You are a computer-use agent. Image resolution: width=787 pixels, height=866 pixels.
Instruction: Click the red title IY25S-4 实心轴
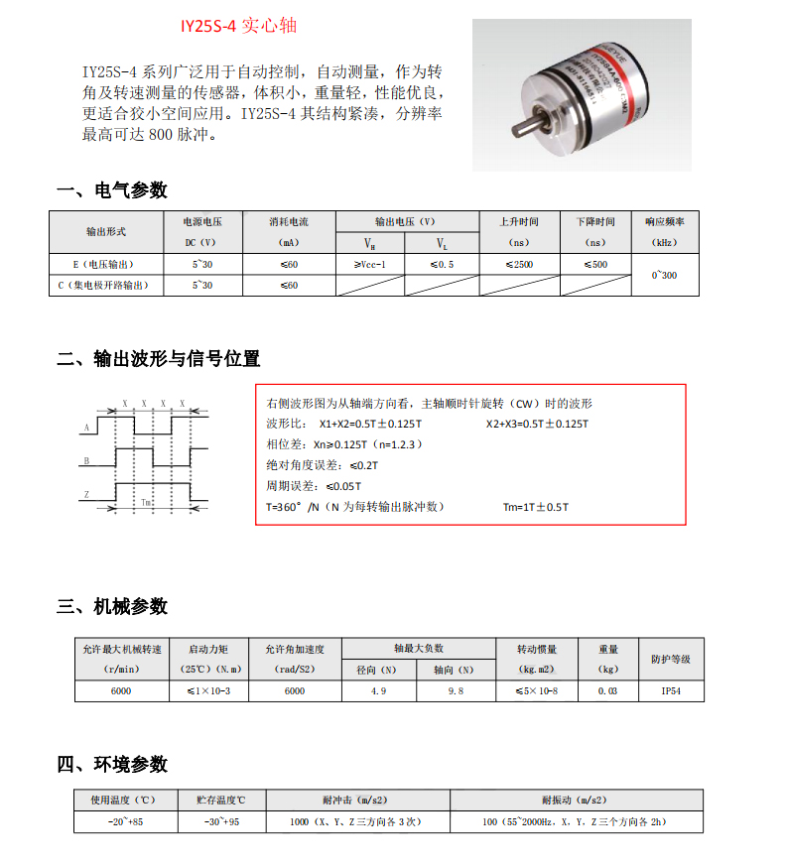(239, 26)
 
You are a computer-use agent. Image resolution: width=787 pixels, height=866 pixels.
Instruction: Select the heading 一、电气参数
(112, 190)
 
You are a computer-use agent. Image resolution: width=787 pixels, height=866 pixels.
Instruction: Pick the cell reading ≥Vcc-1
(369, 265)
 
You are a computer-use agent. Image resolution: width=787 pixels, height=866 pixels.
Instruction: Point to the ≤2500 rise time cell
(519, 265)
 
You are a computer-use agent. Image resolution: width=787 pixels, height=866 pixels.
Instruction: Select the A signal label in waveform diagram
(86, 428)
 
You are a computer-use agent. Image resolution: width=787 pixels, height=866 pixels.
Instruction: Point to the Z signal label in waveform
(86, 494)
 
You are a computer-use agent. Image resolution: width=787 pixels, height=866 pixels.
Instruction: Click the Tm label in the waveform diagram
(146, 503)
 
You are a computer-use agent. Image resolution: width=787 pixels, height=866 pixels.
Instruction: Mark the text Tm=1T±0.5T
(536, 507)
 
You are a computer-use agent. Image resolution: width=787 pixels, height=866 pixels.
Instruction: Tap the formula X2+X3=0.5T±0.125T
(537, 424)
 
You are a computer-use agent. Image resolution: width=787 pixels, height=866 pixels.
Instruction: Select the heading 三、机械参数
(112, 606)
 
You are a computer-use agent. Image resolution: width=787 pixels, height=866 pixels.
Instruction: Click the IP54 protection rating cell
(670, 690)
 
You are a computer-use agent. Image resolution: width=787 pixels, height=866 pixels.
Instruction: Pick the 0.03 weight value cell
(607, 690)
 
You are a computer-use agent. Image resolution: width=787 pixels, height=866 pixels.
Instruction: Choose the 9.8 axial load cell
(456, 690)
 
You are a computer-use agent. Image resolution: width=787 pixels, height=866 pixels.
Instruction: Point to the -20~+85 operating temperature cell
(125, 822)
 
